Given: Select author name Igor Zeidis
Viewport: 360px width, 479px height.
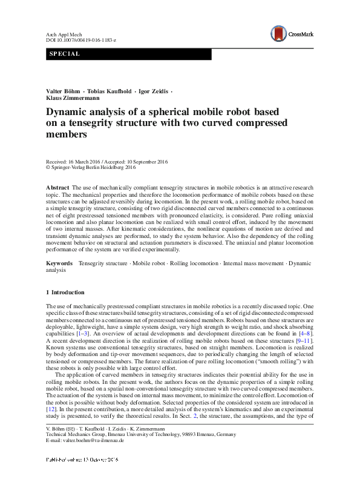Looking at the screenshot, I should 155,91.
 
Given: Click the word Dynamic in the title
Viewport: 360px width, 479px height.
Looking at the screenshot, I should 69,113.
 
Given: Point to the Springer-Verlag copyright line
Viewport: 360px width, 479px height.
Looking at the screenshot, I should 90,168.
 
